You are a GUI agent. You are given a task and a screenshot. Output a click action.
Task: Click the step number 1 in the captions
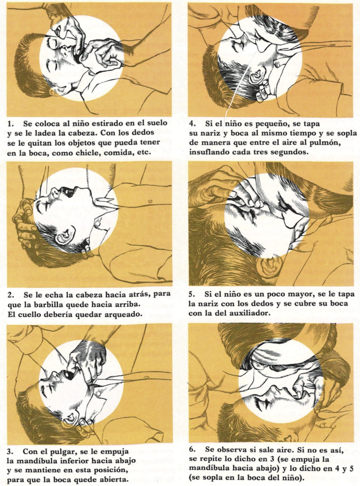(9, 123)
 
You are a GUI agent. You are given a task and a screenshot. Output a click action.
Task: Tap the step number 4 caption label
(192, 123)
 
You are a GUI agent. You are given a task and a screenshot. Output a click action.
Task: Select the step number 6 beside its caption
(192, 449)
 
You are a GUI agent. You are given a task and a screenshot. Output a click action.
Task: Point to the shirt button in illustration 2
(150, 202)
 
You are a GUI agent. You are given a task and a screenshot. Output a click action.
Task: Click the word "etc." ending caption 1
(145, 153)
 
